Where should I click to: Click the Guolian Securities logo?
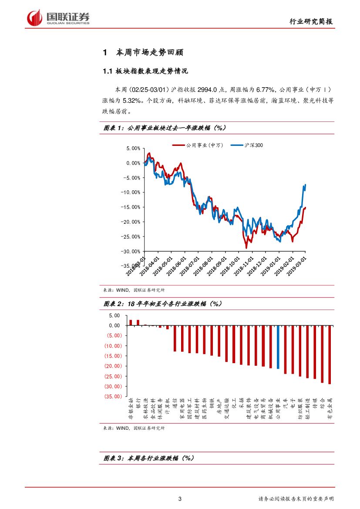(x=58, y=17)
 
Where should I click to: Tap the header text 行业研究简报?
(x=312, y=22)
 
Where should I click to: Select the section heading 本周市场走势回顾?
(x=150, y=53)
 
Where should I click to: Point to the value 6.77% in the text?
(x=266, y=89)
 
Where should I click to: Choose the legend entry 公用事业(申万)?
(x=198, y=145)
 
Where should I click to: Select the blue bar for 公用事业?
(x=278, y=347)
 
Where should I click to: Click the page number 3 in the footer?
(x=180, y=499)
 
